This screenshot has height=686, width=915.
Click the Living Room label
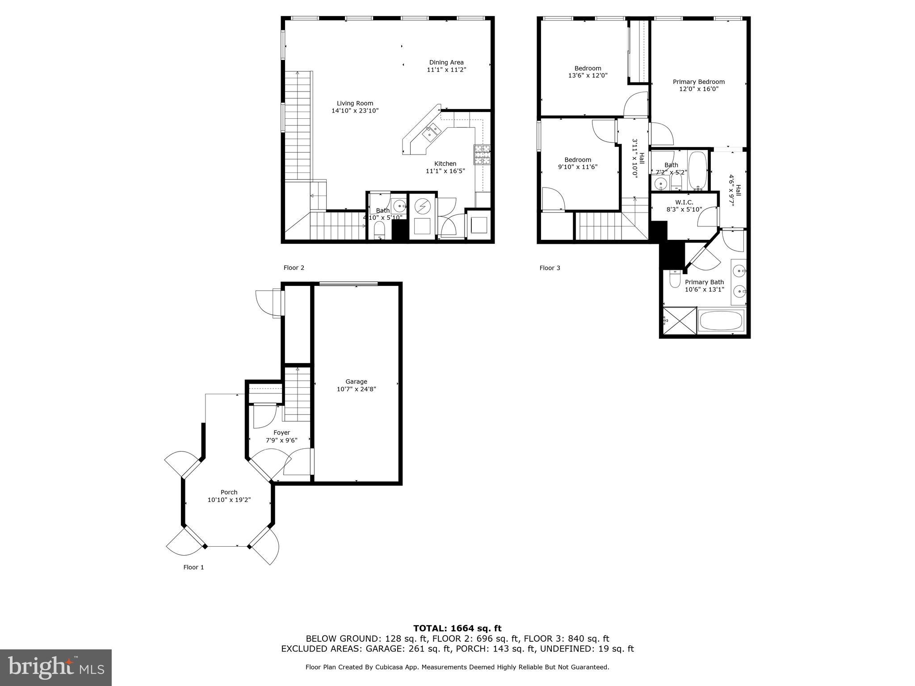click(x=355, y=103)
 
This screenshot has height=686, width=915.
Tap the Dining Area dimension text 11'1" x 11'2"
click(x=446, y=70)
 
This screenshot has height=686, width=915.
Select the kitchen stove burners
click(x=482, y=155)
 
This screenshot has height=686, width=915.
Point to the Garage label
click(x=356, y=381)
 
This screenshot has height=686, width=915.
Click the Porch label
click(x=229, y=492)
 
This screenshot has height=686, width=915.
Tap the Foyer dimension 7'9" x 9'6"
click(x=281, y=440)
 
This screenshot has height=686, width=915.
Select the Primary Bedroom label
click(x=698, y=82)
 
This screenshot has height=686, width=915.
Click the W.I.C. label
click(x=684, y=202)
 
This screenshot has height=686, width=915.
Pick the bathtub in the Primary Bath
click(x=720, y=320)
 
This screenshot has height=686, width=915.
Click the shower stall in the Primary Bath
click(x=679, y=320)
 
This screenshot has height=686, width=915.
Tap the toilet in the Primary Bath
click(x=675, y=280)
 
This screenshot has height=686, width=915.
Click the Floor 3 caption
click(x=550, y=268)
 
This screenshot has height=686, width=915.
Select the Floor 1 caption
click(x=193, y=567)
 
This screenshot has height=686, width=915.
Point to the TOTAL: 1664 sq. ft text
click(x=457, y=628)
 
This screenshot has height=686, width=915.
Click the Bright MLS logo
click(x=56, y=667)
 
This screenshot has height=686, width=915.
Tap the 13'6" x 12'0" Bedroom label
click(x=588, y=68)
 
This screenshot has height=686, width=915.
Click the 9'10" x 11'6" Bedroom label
click(x=577, y=160)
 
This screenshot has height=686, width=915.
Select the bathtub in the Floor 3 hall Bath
click(x=697, y=171)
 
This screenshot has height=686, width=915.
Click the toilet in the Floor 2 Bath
click(x=379, y=230)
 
